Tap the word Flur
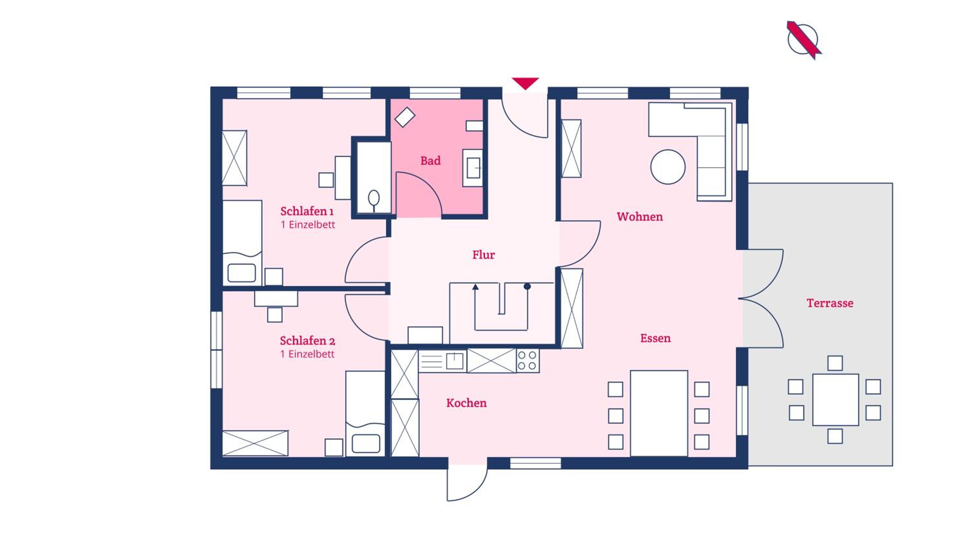click(483, 255)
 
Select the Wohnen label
click(640, 217)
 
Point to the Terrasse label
click(830, 303)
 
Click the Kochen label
click(467, 403)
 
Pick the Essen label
click(656, 338)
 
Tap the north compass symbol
click(803, 40)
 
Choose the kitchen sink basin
click(455, 361)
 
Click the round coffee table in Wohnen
click(668, 167)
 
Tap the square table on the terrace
click(835, 399)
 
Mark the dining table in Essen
click(659, 413)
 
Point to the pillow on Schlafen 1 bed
click(242, 273)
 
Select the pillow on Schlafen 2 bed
click(366, 443)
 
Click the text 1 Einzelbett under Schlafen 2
click(307, 354)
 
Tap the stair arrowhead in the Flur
click(475, 287)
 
